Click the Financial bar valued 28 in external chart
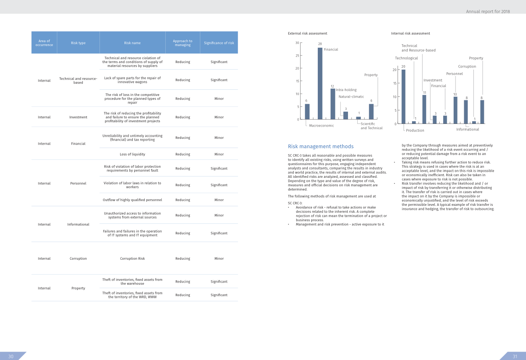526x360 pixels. point(320,83)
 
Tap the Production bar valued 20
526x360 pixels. point(403,96)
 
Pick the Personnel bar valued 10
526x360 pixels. point(455,110)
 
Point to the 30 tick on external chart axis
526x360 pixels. point(297,43)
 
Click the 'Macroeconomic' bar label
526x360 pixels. point(321,126)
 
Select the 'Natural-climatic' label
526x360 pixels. point(351,96)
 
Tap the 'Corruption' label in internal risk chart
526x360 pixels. point(467,67)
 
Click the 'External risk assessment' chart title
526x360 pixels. point(307,33)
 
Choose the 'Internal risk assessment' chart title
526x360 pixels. point(410,33)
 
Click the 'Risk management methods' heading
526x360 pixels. point(320,147)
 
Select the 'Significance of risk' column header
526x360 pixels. point(219,43)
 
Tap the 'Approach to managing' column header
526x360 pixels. point(183,43)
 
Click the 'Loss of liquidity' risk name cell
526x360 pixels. point(132,154)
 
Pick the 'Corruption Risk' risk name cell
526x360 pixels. point(132,258)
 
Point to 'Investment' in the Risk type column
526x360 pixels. point(78,117)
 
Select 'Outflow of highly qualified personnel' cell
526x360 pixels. point(132,200)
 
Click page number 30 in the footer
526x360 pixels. point(11,356)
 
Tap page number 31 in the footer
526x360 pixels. point(515,356)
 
